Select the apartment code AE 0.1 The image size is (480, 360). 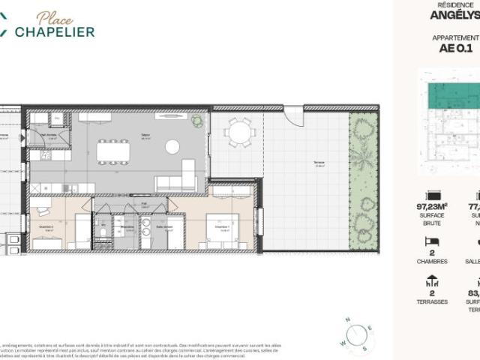(457, 50)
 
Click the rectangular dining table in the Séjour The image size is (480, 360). (112, 152)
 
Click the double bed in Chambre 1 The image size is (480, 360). (222, 228)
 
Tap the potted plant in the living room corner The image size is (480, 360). (196, 120)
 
